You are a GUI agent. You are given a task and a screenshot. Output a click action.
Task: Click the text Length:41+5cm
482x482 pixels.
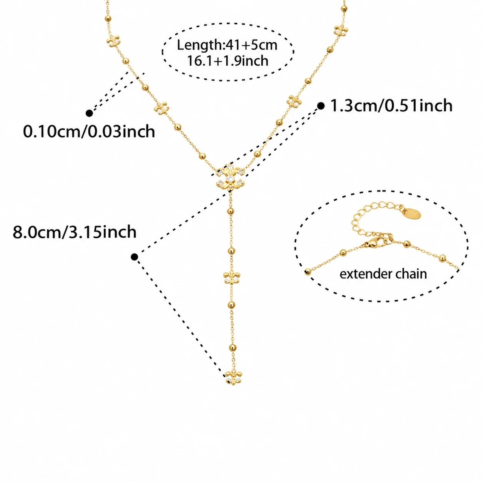227,45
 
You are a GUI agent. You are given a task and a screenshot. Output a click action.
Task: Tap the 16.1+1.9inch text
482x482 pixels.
228,61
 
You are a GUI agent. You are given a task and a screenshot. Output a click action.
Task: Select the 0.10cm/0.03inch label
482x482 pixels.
89,131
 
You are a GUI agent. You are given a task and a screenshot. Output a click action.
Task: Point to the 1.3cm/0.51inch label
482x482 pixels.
391,106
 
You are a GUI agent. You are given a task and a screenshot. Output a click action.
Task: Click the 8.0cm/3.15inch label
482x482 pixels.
75,232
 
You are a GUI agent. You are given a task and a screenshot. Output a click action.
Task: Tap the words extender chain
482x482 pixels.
383,274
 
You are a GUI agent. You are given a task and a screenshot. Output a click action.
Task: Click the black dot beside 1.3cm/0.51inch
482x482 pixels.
321,106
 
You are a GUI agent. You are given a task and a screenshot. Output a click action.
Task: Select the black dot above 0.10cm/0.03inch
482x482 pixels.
89,113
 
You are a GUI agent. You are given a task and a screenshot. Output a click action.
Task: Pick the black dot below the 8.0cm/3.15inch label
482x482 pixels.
134,257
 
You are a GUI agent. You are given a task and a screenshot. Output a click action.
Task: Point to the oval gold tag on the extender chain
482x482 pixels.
412,214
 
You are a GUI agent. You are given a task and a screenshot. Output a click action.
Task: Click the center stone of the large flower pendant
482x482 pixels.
230,178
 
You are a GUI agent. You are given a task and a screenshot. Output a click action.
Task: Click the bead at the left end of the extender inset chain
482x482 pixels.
308,271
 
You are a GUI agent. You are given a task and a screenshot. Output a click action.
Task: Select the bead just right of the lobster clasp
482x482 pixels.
407,244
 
